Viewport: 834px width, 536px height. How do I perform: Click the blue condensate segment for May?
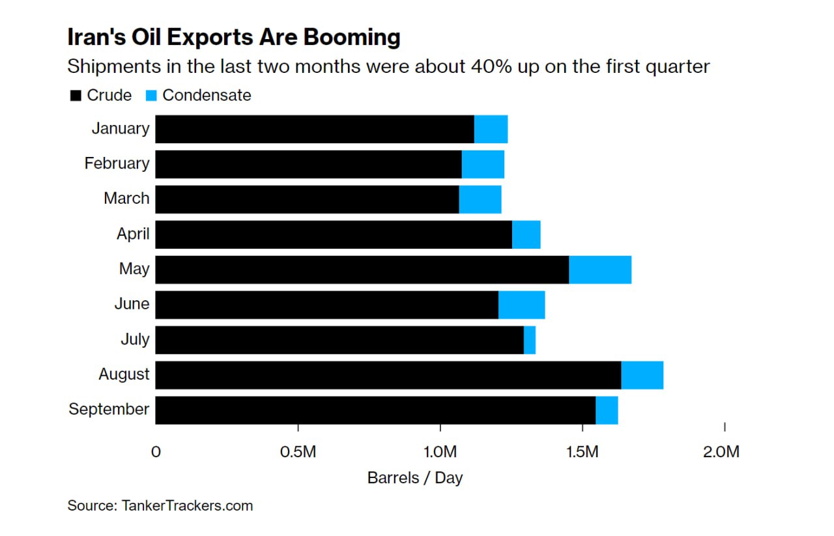click(600, 270)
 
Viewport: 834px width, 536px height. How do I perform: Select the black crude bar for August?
click(388, 375)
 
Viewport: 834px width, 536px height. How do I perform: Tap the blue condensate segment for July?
click(530, 340)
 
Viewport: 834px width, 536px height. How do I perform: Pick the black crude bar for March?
click(307, 199)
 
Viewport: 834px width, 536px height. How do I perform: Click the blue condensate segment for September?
click(607, 410)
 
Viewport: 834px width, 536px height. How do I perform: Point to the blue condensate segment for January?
click(491, 129)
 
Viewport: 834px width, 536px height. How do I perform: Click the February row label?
click(117, 163)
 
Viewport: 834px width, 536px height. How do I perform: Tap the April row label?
click(133, 234)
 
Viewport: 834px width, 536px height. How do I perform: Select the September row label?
click(109, 410)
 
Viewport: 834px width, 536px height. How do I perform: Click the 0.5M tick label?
click(298, 451)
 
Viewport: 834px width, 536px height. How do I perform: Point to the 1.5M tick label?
click(582, 451)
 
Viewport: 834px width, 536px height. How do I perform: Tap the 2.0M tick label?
click(722, 451)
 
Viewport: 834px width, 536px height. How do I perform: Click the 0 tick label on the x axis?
click(156, 451)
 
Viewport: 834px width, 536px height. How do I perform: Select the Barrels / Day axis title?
click(415, 477)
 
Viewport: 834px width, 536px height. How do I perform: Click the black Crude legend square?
click(76, 96)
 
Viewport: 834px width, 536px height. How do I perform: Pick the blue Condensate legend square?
click(152, 96)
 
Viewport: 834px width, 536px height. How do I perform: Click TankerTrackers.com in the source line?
click(188, 505)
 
